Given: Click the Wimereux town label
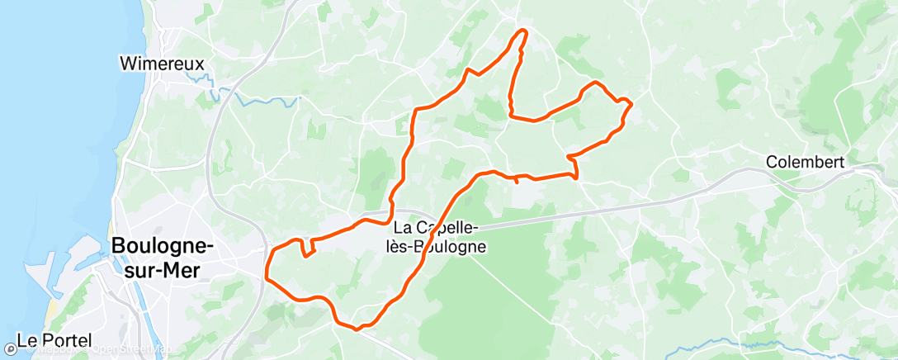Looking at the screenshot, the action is [x=162, y=63].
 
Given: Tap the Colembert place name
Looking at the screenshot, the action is [x=805, y=163].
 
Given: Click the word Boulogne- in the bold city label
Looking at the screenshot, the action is [x=163, y=246].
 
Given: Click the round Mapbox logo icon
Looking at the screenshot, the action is [x=11, y=349].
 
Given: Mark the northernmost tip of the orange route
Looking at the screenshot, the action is [x=522, y=31].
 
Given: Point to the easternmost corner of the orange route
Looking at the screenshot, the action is [x=631, y=104].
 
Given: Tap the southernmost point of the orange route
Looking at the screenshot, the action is [x=357, y=329].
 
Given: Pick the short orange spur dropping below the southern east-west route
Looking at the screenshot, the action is [x=517, y=181].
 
